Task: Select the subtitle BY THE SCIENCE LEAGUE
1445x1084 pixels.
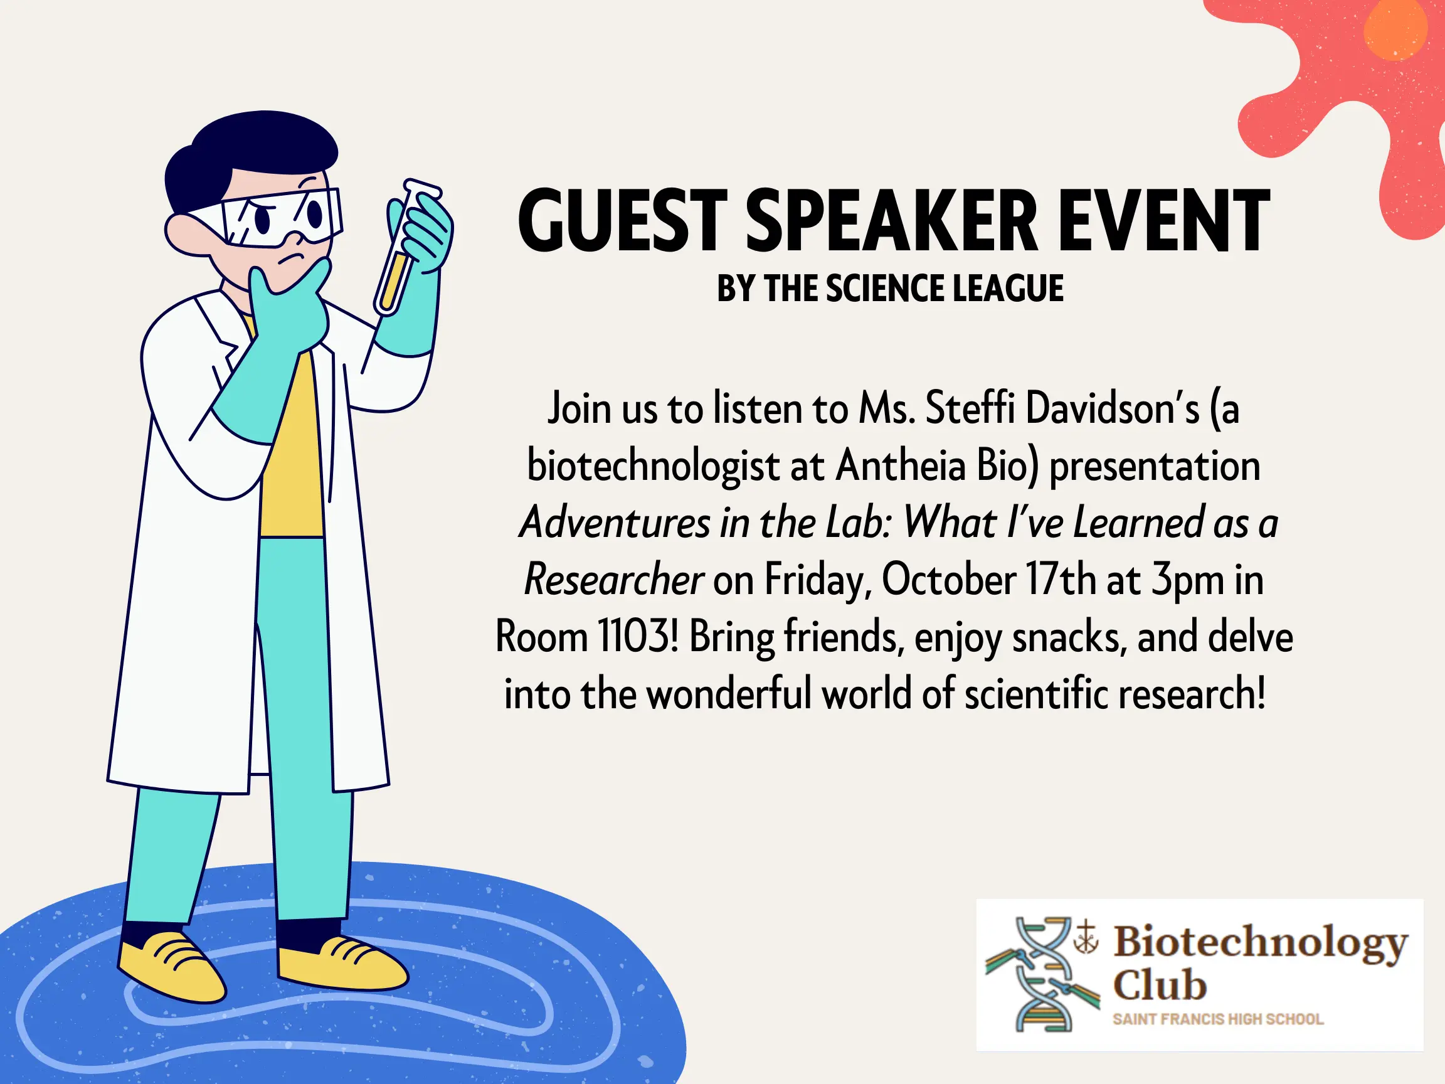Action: pos(891,288)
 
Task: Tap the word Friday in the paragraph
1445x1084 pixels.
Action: pos(818,580)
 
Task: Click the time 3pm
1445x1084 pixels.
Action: pos(1187,580)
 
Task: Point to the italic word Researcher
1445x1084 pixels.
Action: pos(613,580)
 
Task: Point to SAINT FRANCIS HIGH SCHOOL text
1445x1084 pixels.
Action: pos(1219,1019)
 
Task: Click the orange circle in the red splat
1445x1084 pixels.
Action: pos(1395,29)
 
